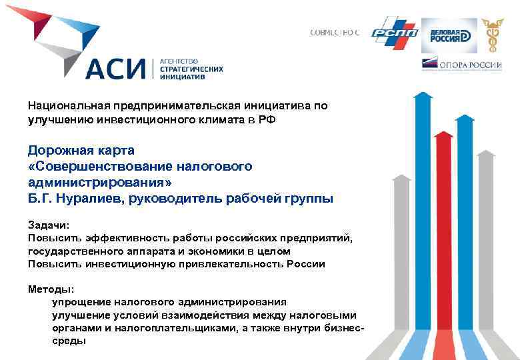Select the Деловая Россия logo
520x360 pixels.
(x=449, y=35)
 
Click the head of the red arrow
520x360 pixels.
(x=443, y=136)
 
